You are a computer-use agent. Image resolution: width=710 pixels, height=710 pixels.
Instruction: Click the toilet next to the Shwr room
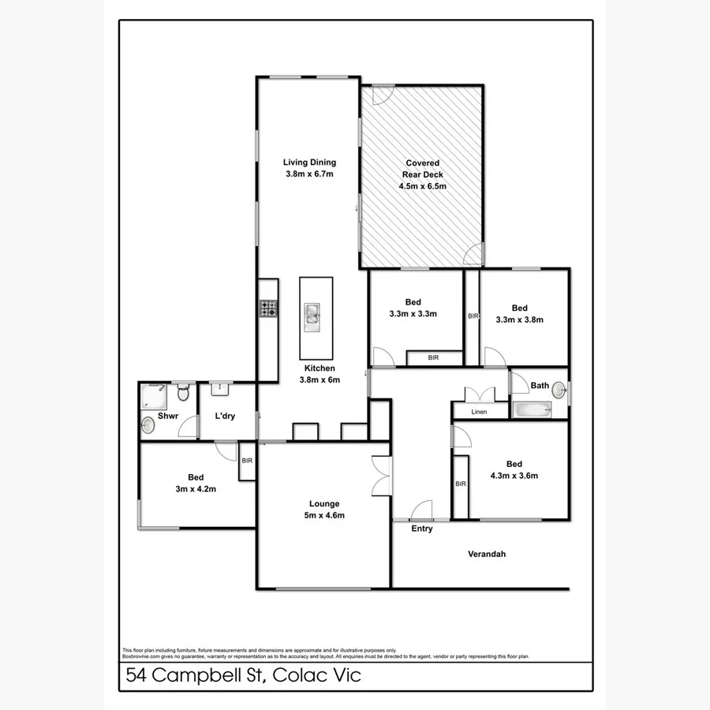click(x=185, y=392)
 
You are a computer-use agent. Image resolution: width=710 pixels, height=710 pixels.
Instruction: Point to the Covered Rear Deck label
click(x=422, y=174)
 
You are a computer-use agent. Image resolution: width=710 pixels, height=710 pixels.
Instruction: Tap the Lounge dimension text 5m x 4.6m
click(x=324, y=515)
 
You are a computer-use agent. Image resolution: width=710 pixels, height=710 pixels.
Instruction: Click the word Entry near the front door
click(x=422, y=529)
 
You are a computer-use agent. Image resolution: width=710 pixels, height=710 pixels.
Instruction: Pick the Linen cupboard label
click(x=479, y=412)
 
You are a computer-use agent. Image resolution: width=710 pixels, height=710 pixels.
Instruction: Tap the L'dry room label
click(x=225, y=417)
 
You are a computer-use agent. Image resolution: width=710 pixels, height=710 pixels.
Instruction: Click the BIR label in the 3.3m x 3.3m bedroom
click(x=433, y=357)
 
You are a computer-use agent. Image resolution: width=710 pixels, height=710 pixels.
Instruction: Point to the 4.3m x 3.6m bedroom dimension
click(x=514, y=476)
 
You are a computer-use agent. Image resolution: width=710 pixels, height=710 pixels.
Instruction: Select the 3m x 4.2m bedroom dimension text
click(x=196, y=489)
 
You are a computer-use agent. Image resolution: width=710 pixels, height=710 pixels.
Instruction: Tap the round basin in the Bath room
click(x=559, y=390)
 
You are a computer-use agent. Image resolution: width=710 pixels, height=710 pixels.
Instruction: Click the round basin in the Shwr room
click(x=148, y=427)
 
